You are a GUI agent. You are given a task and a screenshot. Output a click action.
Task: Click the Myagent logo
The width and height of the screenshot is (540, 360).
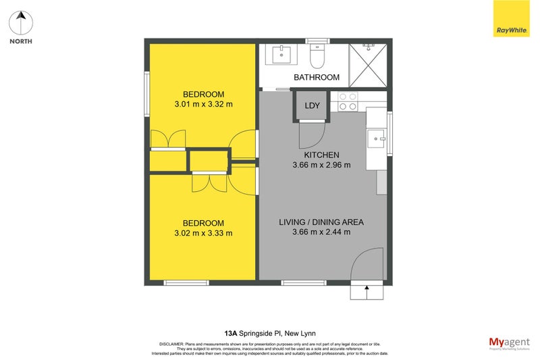[x=508, y=342]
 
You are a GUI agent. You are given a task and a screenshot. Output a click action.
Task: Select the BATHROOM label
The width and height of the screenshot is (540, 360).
[x=316, y=78]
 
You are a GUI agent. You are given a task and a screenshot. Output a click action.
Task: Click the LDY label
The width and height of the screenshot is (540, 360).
[x=312, y=106]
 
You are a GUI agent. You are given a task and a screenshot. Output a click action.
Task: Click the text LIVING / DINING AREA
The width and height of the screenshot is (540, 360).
[x=321, y=222]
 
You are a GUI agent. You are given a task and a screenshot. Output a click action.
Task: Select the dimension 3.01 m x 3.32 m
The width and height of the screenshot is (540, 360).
[x=203, y=105]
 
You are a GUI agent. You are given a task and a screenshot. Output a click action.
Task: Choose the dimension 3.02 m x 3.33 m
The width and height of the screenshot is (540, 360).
[x=203, y=234]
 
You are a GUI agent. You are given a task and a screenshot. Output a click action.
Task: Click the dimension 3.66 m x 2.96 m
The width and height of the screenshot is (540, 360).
[x=321, y=165]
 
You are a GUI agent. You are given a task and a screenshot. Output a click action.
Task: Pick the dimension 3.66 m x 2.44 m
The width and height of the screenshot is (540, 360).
[x=321, y=232]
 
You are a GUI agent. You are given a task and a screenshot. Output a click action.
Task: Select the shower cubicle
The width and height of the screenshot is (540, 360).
[x=368, y=65]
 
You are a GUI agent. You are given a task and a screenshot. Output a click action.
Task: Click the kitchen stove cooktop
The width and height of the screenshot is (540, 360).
[x=348, y=101]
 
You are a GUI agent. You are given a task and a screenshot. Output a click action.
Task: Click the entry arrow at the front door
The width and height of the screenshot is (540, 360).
[x=366, y=291]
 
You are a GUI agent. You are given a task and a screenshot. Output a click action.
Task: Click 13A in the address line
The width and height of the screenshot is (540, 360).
[x=231, y=333]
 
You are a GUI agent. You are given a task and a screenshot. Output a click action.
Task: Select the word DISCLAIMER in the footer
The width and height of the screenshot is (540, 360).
[x=171, y=344]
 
